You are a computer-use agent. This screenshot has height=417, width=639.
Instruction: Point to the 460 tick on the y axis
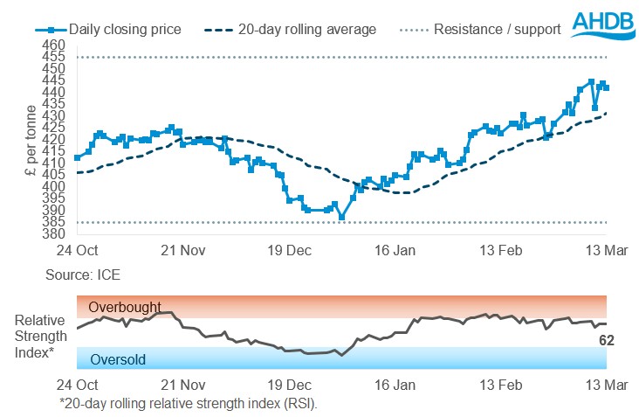53,45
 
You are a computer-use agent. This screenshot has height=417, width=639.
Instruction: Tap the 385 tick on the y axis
53,222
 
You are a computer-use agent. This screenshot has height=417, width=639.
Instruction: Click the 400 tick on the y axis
53,186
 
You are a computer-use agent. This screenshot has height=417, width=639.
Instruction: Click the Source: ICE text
83,275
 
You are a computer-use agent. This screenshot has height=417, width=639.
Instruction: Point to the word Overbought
124,307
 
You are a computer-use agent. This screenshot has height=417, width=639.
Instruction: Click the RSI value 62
607,340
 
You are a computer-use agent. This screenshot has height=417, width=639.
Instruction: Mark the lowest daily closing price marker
342,218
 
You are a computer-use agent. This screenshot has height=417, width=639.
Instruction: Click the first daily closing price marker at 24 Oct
78,157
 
